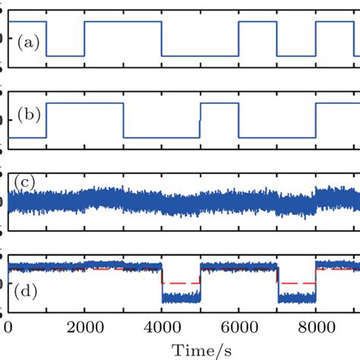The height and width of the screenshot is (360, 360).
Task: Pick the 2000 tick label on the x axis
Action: [84, 327]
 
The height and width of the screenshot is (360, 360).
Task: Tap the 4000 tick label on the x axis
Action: [162, 327]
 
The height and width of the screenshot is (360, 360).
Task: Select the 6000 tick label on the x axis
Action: [238, 327]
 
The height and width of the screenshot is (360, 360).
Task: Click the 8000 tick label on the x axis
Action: [315, 327]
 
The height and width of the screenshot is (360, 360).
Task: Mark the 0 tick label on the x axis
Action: [8, 327]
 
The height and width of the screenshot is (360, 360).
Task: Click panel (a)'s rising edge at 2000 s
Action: [84, 38]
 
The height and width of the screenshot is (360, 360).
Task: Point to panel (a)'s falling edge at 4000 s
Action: [162, 38]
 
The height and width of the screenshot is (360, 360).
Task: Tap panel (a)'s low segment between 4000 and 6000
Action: [200, 55]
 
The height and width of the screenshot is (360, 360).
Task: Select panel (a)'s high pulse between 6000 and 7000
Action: [257, 21]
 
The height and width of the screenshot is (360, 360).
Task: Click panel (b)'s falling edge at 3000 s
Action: [123, 120]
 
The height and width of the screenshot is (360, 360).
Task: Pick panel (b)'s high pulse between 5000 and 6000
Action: [219, 103]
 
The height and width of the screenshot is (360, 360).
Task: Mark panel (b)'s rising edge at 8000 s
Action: [315, 120]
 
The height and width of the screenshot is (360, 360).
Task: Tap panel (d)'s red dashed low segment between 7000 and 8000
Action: [296, 282]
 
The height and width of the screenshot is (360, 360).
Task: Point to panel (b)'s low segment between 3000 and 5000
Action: [161, 137]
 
